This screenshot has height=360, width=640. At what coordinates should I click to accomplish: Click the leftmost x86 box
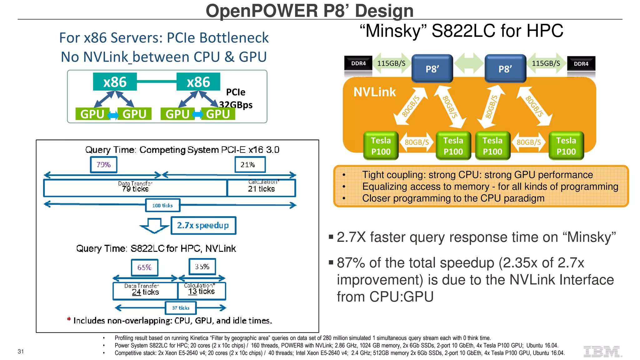(115, 82)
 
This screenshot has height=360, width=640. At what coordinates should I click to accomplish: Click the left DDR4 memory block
(358, 63)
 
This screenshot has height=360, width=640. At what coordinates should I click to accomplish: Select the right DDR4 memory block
(581, 64)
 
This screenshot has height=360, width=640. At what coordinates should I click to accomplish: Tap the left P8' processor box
(432, 69)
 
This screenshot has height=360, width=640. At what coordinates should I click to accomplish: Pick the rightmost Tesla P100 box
(566, 146)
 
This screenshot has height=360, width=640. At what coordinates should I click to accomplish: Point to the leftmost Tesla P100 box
(381, 146)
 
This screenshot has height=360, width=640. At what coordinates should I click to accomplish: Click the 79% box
(103, 165)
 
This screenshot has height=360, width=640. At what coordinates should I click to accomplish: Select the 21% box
(250, 165)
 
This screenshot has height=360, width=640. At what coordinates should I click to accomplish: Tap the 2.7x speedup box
(203, 225)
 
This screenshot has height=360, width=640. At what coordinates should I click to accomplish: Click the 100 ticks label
(162, 205)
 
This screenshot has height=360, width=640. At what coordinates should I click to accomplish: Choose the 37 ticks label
(181, 308)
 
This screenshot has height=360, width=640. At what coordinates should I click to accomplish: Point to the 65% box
(144, 267)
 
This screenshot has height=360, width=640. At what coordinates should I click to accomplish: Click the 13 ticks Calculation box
(202, 291)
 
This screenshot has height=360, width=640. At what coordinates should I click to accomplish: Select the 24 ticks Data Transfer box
(145, 291)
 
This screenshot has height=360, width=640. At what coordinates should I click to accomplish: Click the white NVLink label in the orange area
(374, 92)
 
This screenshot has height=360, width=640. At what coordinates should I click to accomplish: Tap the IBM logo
(602, 352)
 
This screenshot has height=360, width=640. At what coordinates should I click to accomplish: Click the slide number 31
(21, 352)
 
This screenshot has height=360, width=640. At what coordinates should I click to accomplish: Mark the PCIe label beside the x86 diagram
(236, 92)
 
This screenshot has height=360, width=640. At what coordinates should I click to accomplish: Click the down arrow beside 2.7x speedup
(154, 226)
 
